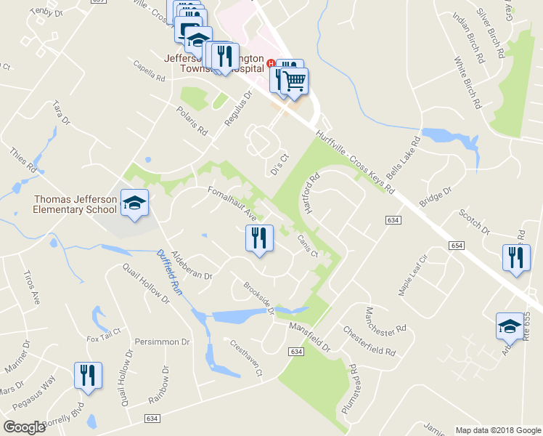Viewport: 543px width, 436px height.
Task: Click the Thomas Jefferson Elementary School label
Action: point(75,205)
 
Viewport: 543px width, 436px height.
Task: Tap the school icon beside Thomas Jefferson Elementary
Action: point(134,204)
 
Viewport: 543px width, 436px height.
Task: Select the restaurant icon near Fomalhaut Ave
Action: point(258,238)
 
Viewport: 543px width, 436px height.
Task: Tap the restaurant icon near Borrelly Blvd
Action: point(84,376)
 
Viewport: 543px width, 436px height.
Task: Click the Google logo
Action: point(24,427)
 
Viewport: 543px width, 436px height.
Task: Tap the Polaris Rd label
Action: point(192,121)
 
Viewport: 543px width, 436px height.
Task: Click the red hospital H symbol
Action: point(271,63)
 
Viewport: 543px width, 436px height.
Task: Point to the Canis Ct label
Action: point(307,246)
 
